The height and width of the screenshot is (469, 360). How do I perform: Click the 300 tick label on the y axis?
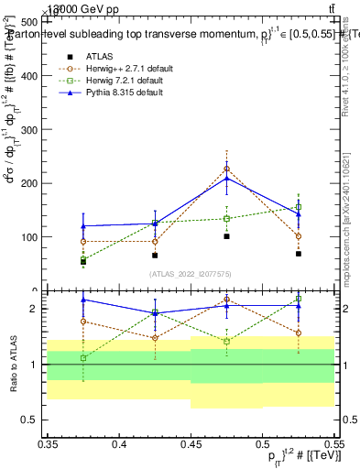[31, 130]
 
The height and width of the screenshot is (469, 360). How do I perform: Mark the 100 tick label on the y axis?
[31, 237]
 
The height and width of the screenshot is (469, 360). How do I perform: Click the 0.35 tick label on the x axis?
[48, 443]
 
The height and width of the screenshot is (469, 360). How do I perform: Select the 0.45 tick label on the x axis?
[191, 443]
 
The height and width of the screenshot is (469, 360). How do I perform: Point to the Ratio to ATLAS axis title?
[12, 364]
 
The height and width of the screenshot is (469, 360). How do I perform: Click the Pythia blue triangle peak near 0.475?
[226, 178]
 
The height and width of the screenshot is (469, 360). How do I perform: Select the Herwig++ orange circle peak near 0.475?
[226, 169]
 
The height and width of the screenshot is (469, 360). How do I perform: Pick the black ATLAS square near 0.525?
[298, 254]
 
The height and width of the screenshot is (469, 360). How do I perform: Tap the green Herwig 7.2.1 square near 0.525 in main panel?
[298, 207]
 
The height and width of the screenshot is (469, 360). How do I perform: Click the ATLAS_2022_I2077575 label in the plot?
[191, 274]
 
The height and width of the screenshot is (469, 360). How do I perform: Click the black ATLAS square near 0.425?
[155, 256]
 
